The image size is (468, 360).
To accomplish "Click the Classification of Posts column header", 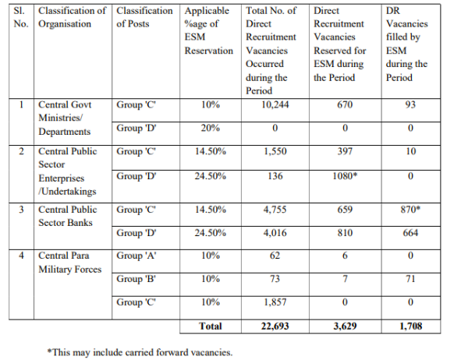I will pyautogui.click(x=144, y=17).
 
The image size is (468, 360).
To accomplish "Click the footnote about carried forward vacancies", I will pyautogui.click(x=140, y=351).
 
